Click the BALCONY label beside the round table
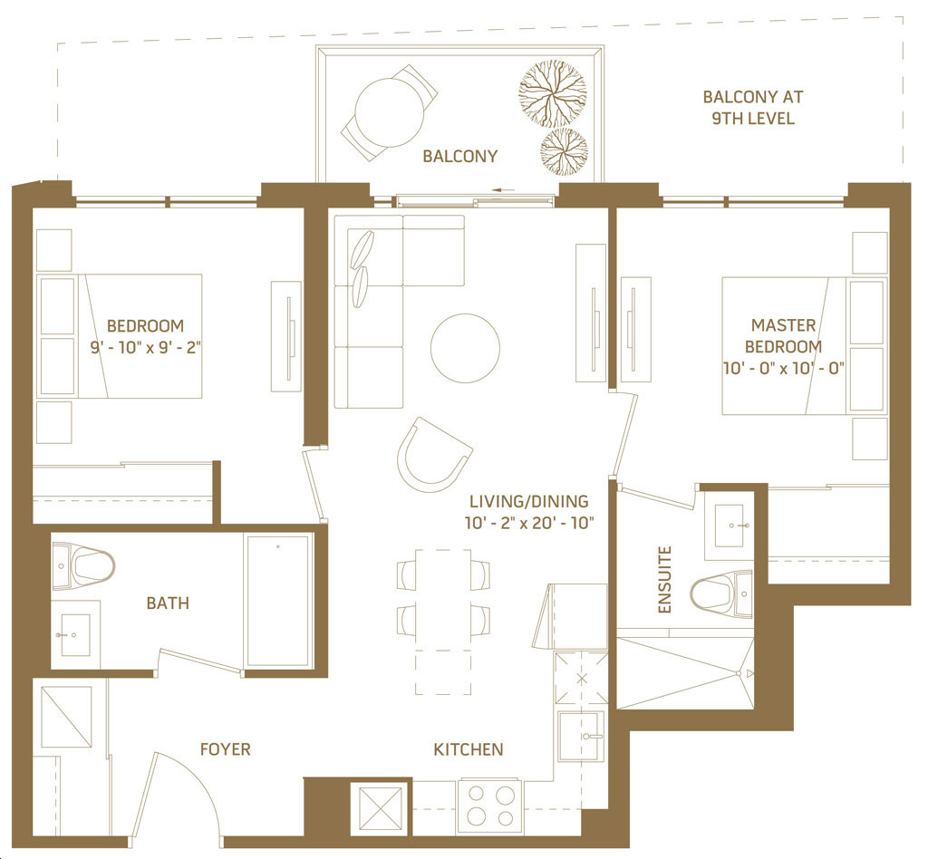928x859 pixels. (459, 156)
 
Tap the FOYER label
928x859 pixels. (225, 749)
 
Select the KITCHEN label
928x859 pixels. (469, 749)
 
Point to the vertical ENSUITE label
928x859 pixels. (665, 580)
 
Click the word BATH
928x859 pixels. (168, 603)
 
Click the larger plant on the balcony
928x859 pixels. (553, 93)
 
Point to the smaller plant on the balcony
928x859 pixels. (564, 152)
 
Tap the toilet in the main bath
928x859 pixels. (83, 566)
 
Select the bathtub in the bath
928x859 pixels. (277, 601)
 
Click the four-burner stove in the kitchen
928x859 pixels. (489, 806)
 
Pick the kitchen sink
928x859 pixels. (581, 736)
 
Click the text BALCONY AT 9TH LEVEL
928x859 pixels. (753, 108)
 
